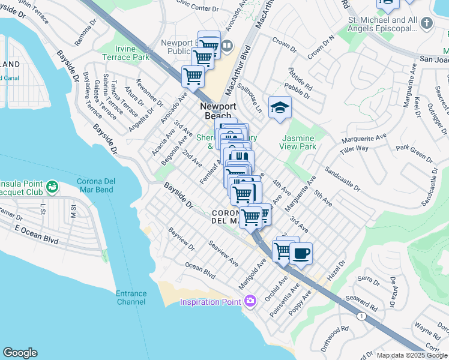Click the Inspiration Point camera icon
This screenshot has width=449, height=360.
(251, 301)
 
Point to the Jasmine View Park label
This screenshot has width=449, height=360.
(298, 142)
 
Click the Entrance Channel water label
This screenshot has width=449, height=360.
(131, 298)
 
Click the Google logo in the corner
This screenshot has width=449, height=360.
(20, 353)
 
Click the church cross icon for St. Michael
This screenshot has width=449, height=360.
(426, 23)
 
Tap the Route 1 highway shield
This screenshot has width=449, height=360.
(361, 316)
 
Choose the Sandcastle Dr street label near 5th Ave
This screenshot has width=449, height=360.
(343, 179)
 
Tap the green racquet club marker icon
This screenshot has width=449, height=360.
(53, 187)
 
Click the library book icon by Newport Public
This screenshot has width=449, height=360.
(227, 46)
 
